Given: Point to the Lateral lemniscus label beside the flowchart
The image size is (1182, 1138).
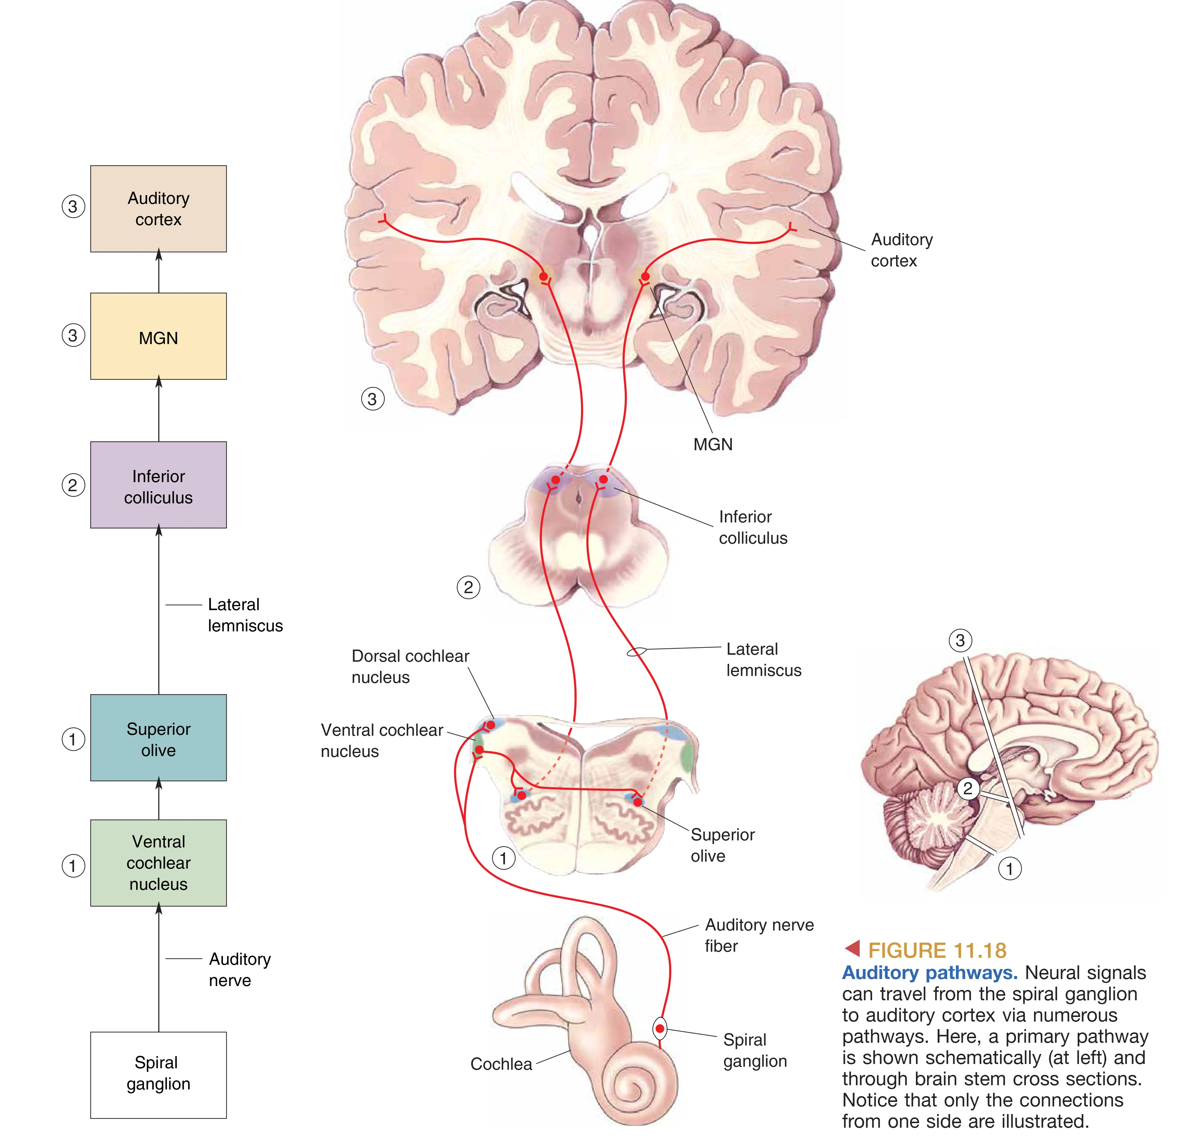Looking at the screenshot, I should point(245,615).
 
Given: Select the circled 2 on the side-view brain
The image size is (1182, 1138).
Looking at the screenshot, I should point(968,788).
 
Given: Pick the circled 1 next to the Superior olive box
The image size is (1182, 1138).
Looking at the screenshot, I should point(73,739).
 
